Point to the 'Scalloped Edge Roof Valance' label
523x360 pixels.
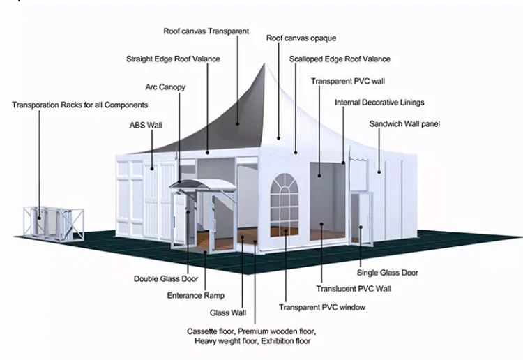click(x=340, y=59)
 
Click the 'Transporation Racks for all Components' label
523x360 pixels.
click(x=79, y=105)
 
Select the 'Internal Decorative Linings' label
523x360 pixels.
click(x=379, y=103)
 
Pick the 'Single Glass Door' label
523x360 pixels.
click(x=388, y=273)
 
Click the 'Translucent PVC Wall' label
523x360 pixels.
click(x=354, y=288)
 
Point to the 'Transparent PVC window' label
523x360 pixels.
click(x=322, y=307)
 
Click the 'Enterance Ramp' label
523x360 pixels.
click(x=195, y=295)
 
